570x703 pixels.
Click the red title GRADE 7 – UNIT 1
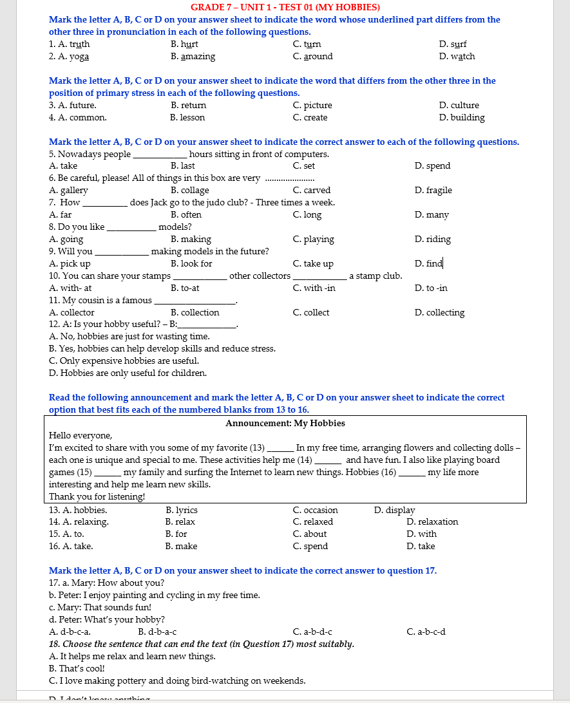285,7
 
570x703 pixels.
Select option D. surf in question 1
453,44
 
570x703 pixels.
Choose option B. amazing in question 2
193,57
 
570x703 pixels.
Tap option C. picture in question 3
312,106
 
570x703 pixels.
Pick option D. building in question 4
462,118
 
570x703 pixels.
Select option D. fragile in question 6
433,191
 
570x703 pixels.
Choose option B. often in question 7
186,215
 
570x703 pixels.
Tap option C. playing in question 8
313,239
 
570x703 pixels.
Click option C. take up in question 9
313,264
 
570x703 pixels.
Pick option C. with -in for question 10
314,288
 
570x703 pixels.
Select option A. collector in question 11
71,313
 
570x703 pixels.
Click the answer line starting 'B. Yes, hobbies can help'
162,349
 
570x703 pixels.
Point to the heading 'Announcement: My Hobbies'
285,424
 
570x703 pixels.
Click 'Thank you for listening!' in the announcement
97,496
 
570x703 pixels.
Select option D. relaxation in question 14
432,522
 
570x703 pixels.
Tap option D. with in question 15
421,534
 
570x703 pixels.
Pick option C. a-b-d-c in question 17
312,632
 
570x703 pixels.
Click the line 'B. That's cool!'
78,669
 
